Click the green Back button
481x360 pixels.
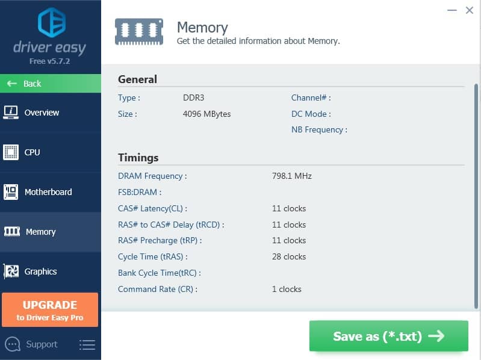51,84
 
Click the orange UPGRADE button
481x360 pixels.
50,309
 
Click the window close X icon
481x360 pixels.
470,10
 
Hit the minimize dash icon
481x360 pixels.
452,10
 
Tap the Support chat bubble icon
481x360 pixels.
13,344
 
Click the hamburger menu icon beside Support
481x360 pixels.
87,345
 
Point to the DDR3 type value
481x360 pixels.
194,98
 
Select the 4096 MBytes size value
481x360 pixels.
206,114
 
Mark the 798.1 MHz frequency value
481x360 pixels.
292,176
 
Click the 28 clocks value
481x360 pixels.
289,256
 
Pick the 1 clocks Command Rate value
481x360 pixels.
287,289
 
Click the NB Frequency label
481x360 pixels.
319,129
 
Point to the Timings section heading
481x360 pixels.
138,158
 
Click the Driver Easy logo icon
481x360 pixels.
52,22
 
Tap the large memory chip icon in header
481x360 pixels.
139,32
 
